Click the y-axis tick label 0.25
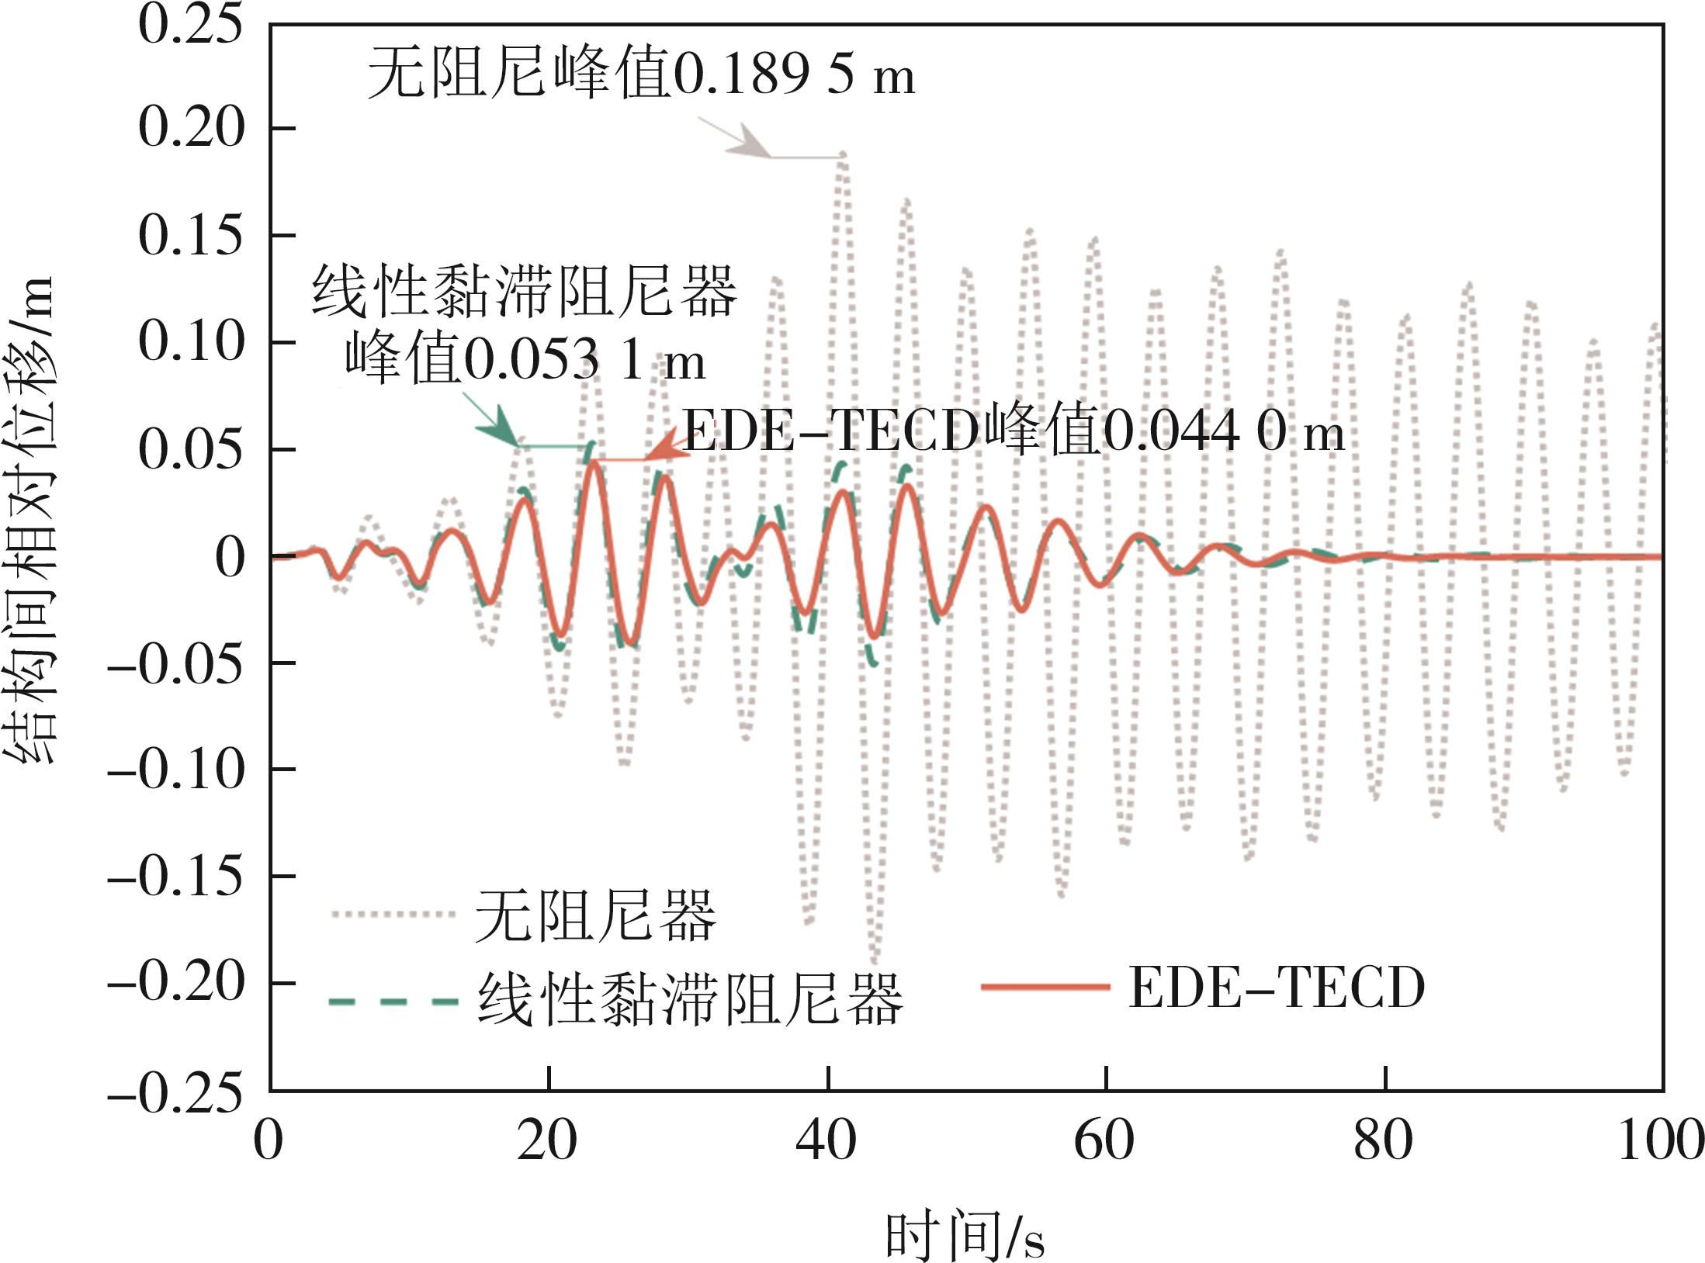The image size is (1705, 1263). pos(190,25)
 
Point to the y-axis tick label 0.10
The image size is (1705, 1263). pos(190,341)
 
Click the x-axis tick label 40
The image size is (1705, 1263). pos(827,1140)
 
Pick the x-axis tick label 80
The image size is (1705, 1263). pos(1384,1140)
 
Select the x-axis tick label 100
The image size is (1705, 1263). pos(1661,1140)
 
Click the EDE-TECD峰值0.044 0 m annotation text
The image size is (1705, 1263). pos(1013,431)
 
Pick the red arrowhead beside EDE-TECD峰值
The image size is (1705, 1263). pos(664,450)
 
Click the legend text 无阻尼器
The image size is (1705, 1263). pos(596,915)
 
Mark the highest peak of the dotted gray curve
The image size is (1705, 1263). pos(842,156)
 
